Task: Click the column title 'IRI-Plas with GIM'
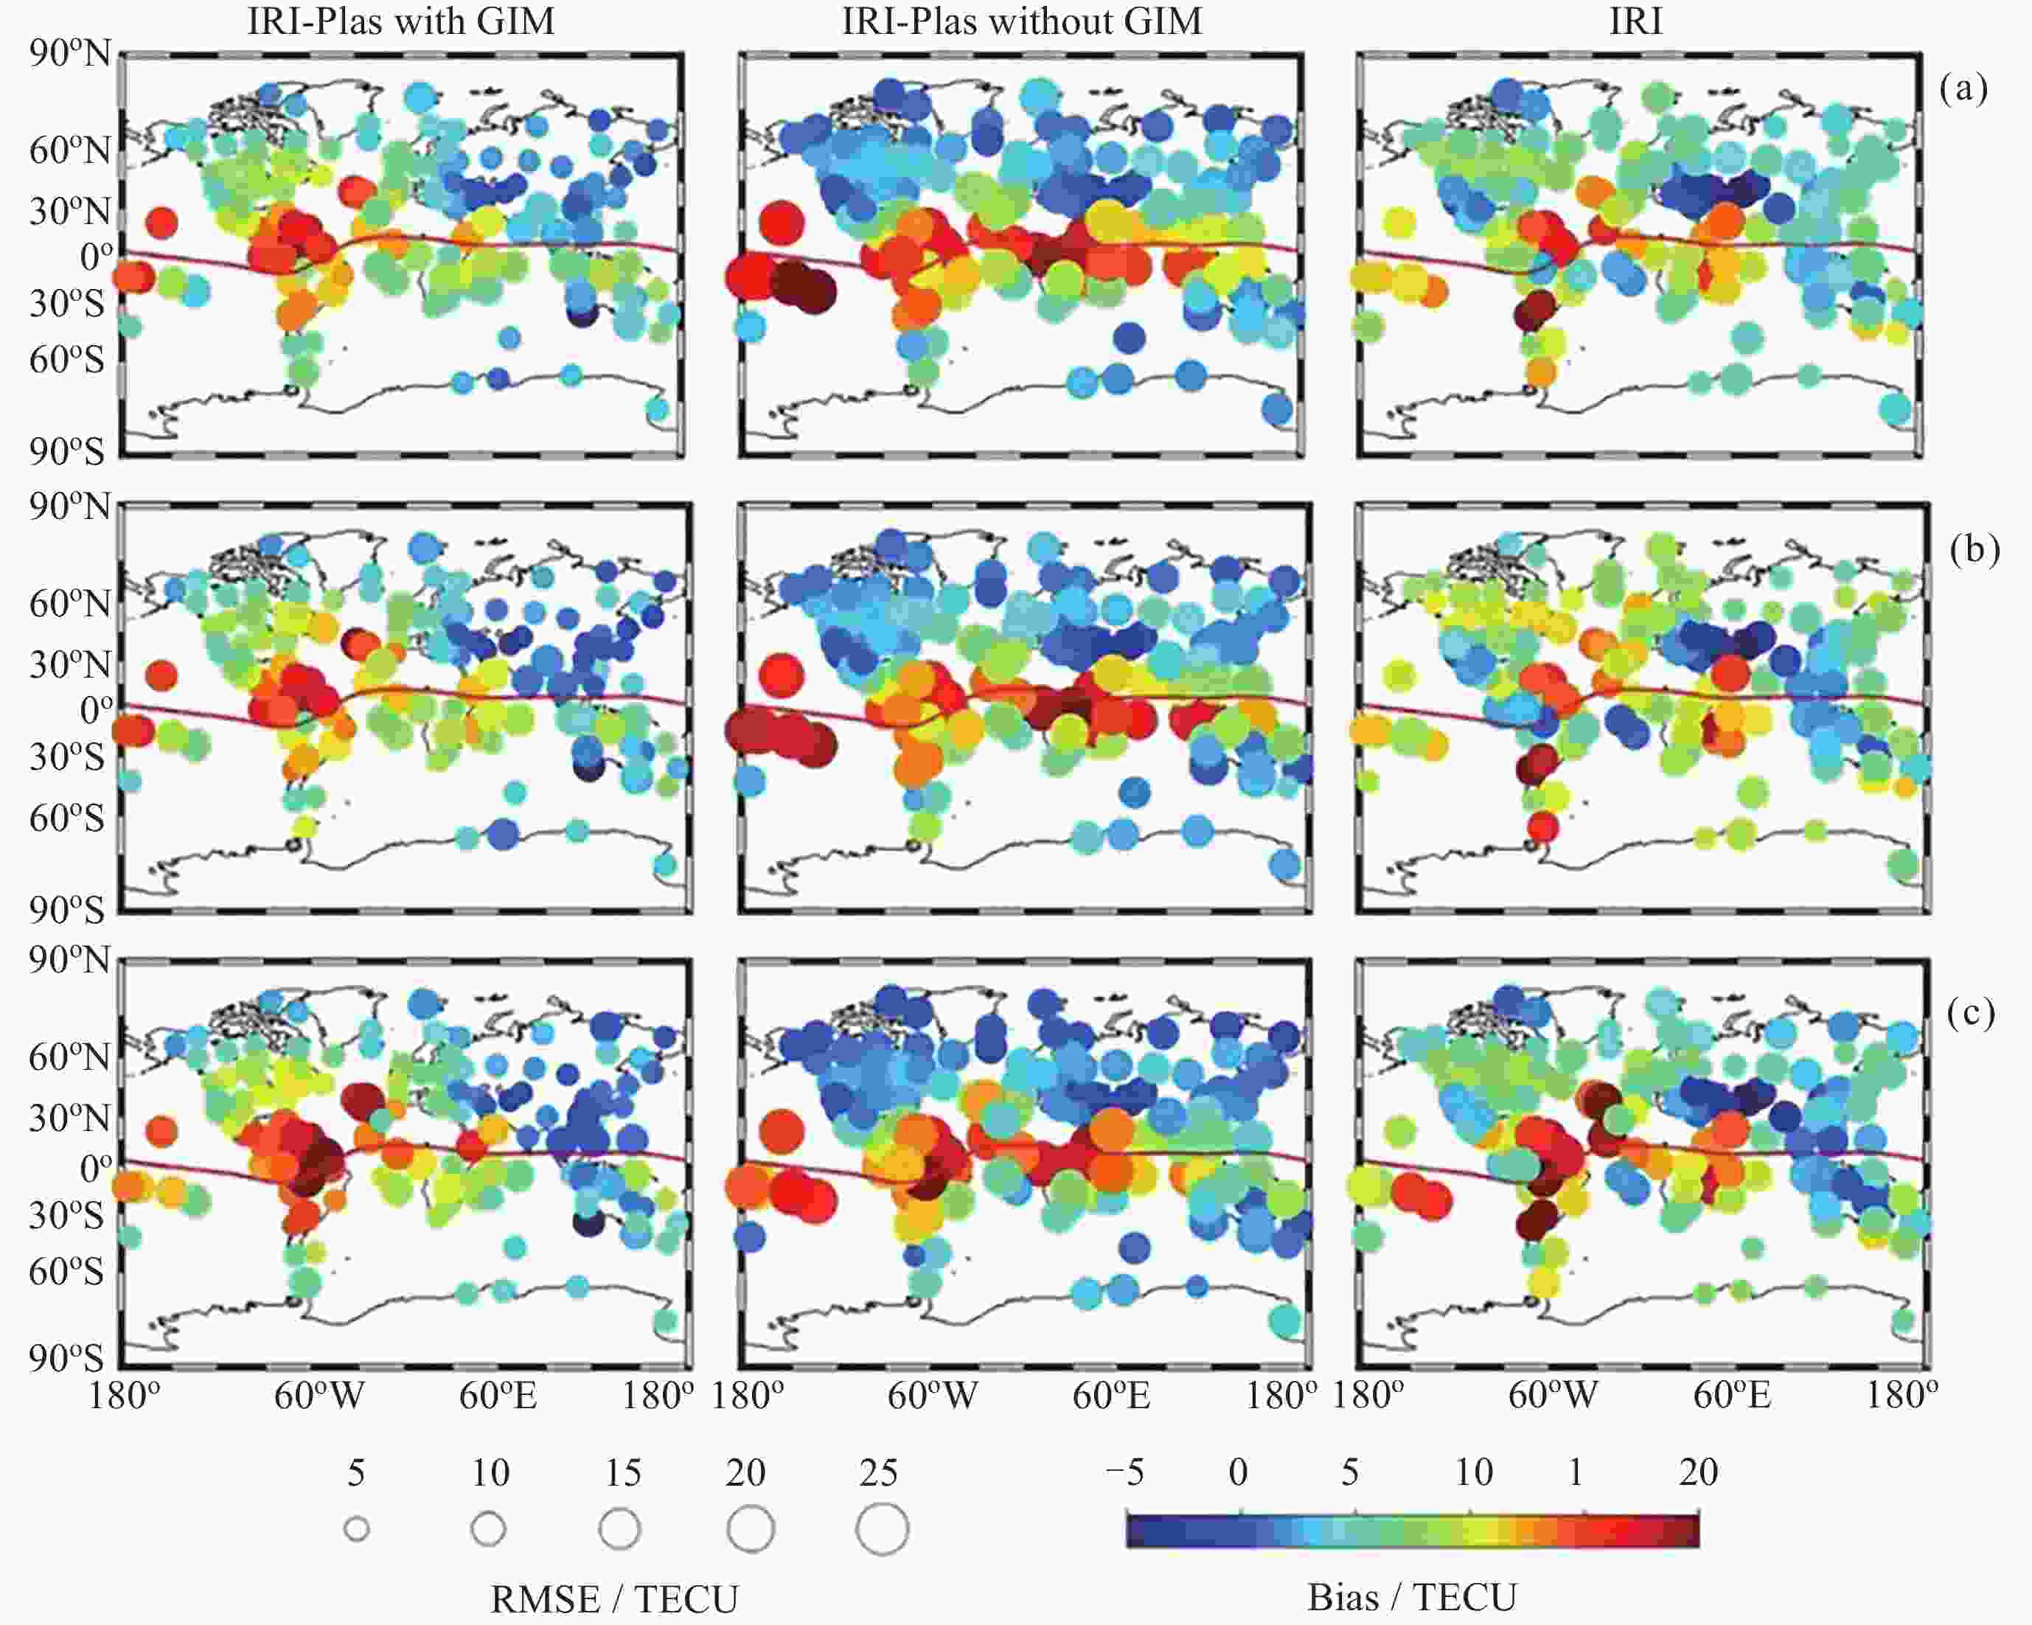[x=400, y=21]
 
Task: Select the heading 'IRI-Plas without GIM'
[x=1022, y=21]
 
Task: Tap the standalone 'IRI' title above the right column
[x=1636, y=21]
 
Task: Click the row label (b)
[x=1974, y=549]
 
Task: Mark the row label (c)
[x=1971, y=1013]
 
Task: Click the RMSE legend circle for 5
[x=356, y=1529]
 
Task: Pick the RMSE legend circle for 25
[x=882, y=1529]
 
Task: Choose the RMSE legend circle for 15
[x=619, y=1529]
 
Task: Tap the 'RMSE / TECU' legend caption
[x=614, y=1599]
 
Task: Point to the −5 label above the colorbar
[x=1124, y=1472]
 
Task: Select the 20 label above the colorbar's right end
[x=1698, y=1472]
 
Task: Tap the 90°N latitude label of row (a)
[x=70, y=54]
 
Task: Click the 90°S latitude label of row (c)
[x=66, y=1358]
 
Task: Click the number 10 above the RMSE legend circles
[x=490, y=1473]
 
